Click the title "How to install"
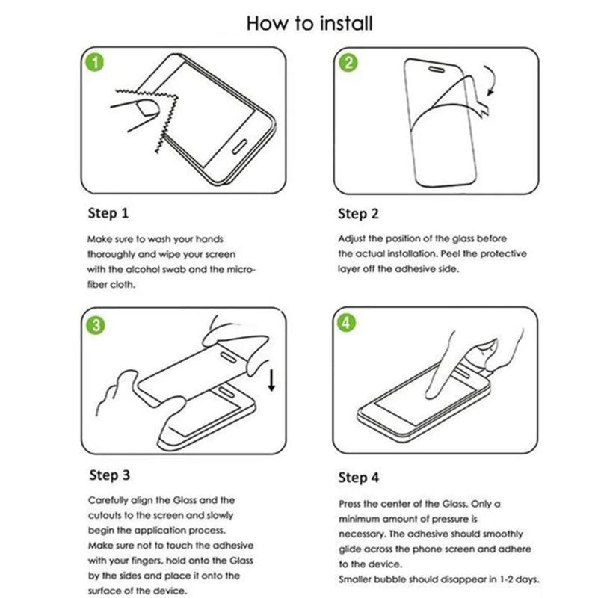(309, 23)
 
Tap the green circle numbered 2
(348, 63)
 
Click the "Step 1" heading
(108, 214)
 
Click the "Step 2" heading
(358, 214)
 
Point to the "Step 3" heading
(109, 475)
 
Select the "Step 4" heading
(359, 476)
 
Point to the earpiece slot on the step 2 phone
(434, 69)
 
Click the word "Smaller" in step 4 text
(358, 579)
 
